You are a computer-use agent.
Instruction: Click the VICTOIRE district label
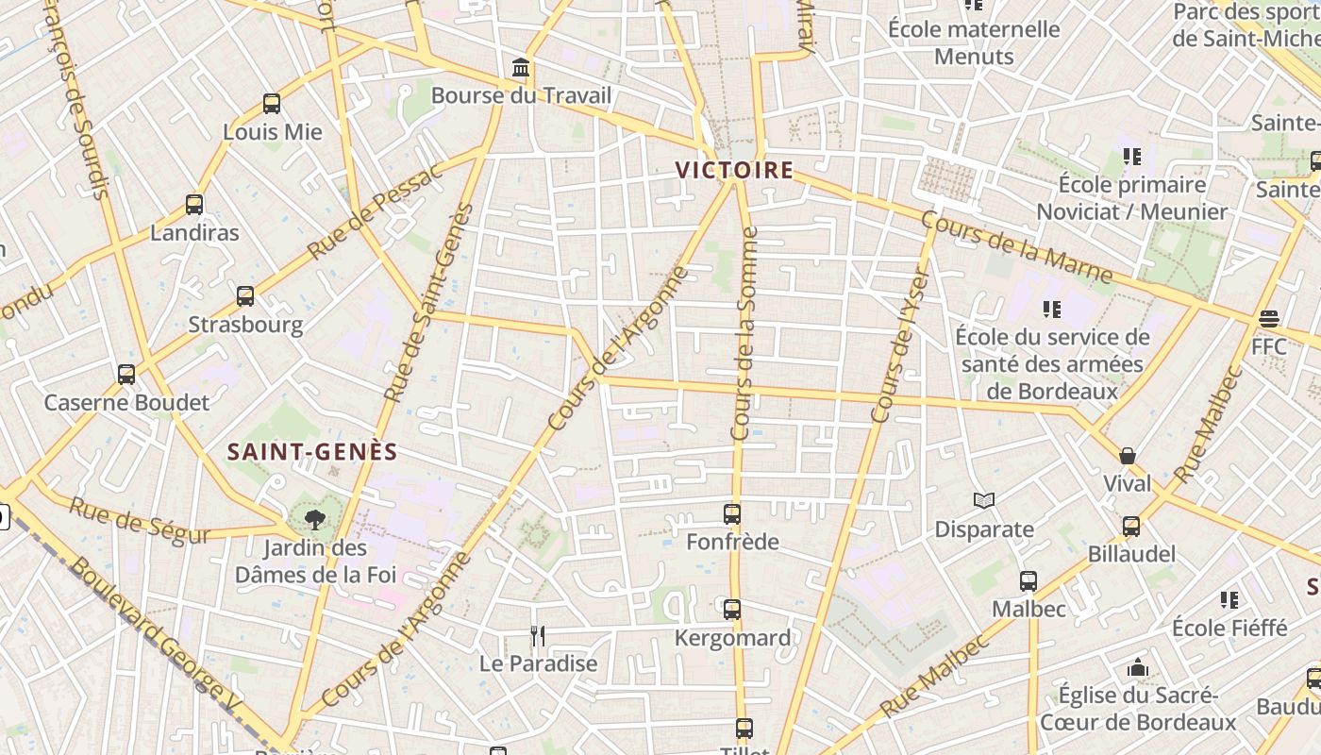(734, 171)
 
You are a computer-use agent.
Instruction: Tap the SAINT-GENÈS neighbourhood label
(312, 452)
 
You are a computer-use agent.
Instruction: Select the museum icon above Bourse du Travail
(520, 68)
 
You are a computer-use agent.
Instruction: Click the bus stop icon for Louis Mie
(272, 104)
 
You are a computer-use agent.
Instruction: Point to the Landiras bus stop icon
(194, 204)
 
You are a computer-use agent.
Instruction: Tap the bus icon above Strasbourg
(245, 296)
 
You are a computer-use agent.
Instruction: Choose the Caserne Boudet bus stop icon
(126, 374)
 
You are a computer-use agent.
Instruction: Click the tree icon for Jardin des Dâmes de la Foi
(314, 517)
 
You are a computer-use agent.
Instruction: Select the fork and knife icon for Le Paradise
(538, 635)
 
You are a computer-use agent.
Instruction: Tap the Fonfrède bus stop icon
(732, 514)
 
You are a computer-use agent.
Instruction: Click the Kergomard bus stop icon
(732, 610)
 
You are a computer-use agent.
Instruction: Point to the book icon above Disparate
(984, 500)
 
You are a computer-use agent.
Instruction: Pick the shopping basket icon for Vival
(1128, 456)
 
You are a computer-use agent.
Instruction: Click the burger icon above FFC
(1268, 319)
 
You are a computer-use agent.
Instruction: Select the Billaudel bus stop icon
(1131, 526)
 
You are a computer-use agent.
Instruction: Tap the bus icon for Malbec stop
(1028, 581)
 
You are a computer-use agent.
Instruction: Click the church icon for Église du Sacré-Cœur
(1138, 668)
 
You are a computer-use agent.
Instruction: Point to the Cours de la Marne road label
(1016, 247)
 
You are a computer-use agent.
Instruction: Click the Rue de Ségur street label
(140, 520)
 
